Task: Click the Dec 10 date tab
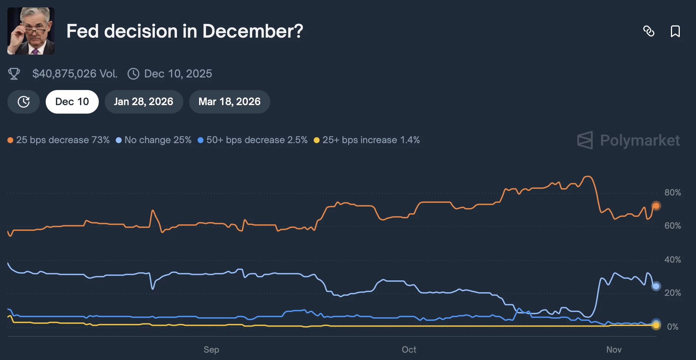pos(72,102)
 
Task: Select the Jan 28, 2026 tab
pos(143,102)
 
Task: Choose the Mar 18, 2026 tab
pos(229,102)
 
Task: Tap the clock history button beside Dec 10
pos(24,102)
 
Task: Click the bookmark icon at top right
pos(675,31)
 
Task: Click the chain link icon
pos(649,31)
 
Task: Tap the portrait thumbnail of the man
pos(31,31)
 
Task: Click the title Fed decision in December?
pos(185,31)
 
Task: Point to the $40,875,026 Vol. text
pos(75,74)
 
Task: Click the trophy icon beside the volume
pos(14,74)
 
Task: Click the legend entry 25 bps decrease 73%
pos(59,140)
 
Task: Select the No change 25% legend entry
pos(154,140)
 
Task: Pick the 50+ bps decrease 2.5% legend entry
pos(253,140)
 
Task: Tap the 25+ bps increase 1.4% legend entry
pos(367,140)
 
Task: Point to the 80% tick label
pos(672,193)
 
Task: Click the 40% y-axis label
pos(672,260)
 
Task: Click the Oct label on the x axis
pos(409,350)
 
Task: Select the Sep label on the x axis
pos(211,350)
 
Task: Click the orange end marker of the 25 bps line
pos(656,206)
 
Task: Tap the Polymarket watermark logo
pos(629,141)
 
